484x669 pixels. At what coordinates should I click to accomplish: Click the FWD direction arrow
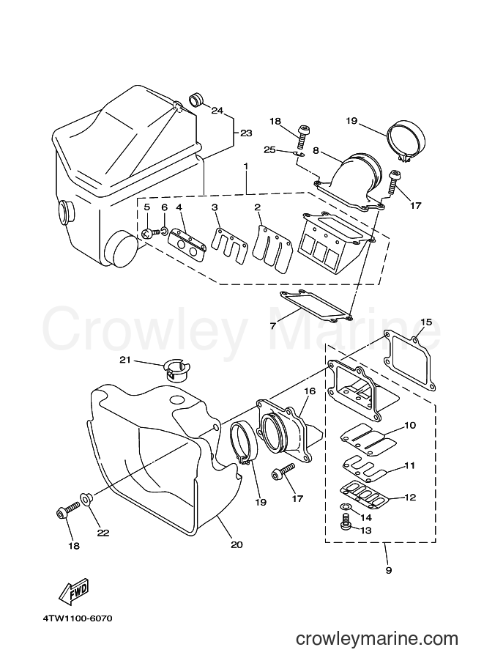[x=75, y=591]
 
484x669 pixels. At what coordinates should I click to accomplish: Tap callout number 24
[x=217, y=111]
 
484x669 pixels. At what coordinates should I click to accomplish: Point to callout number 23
[x=245, y=133]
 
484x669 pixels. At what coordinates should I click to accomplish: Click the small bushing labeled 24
[x=196, y=100]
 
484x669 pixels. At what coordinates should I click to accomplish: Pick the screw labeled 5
[x=149, y=233]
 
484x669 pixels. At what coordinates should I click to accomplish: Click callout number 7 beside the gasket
[x=272, y=325]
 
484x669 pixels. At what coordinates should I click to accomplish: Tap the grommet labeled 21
[x=177, y=369]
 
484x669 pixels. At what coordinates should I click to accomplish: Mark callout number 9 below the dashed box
[x=389, y=569]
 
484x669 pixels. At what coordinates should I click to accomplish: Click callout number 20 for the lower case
[x=237, y=544]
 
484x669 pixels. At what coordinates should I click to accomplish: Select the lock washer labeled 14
[x=346, y=507]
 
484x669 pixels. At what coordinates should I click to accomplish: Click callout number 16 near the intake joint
[x=310, y=391]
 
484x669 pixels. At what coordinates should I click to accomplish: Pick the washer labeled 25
[x=300, y=155]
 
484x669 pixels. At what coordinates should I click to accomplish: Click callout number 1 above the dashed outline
[x=246, y=166]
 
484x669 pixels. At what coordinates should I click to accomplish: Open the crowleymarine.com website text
[x=377, y=639]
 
